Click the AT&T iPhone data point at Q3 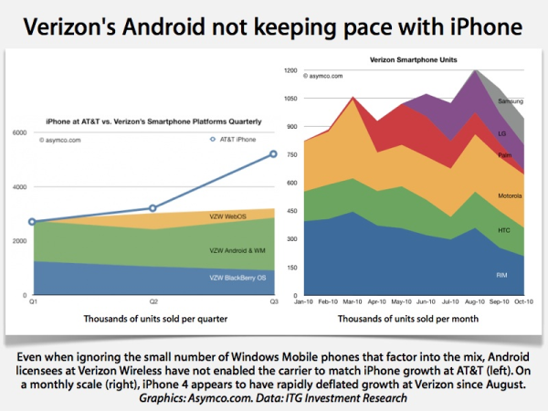[x=273, y=153]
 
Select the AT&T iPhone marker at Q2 [x=153, y=208]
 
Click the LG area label [x=503, y=132]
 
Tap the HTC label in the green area [x=504, y=230]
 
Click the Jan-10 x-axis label [x=304, y=300]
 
